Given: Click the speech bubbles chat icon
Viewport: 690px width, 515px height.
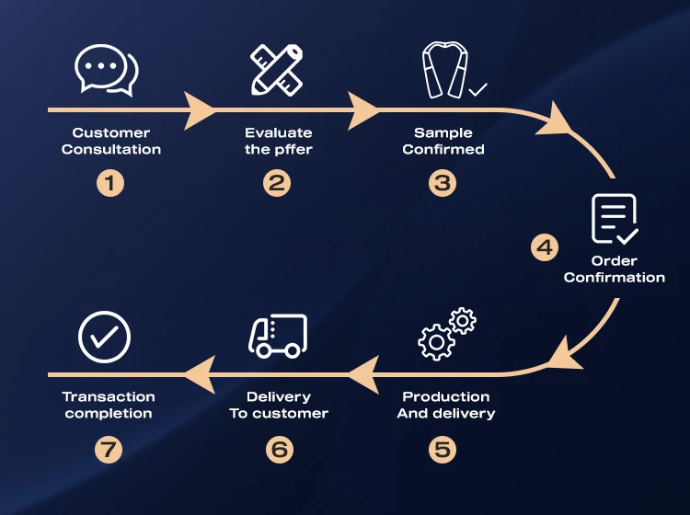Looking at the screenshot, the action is tap(107, 70).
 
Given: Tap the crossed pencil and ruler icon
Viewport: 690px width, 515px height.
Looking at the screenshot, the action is tap(277, 70).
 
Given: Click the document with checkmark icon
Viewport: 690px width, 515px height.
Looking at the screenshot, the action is tap(614, 219).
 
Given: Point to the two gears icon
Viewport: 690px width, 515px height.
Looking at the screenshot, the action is tap(446, 333).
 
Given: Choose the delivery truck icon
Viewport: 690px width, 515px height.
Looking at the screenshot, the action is tap(277, 336).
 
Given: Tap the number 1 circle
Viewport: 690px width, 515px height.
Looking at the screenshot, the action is tap(109, 182).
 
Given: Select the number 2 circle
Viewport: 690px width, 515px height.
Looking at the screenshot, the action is tap(277, 182).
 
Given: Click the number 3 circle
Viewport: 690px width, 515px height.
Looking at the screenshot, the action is tap(443, 182).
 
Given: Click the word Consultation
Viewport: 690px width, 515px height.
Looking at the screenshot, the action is tap(111, 149).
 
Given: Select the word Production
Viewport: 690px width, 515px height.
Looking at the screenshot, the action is tap(446, 396).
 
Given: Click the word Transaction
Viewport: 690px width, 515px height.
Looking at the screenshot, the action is tap(109, 396).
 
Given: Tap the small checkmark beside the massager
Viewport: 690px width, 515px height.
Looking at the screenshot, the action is tap(477, 90).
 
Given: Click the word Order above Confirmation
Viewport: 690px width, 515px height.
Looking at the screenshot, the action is tap(615, 260).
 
